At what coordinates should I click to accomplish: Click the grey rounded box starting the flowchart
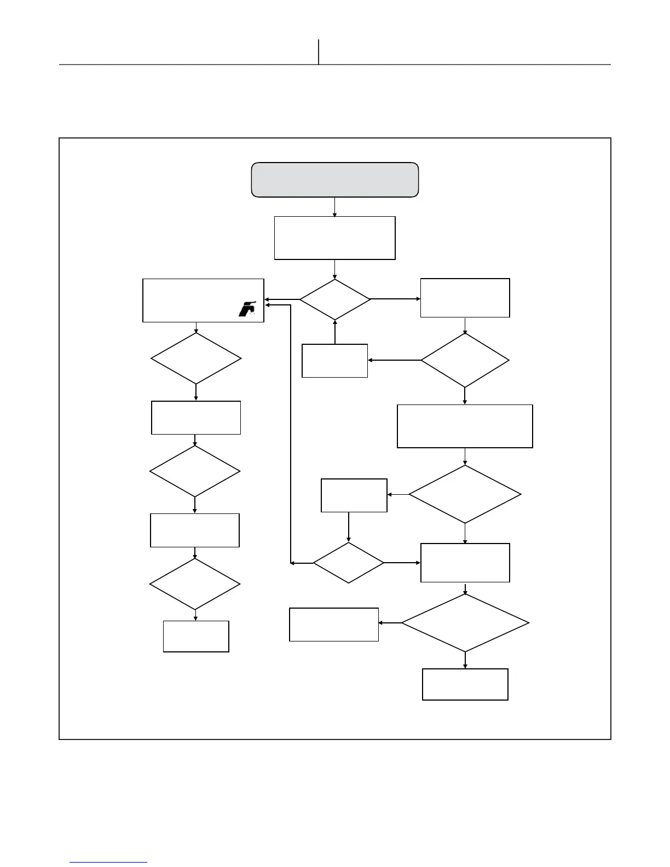click(334, 180)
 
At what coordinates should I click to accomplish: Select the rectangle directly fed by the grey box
click(334, 238)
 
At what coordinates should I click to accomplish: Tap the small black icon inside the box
click(247, 309)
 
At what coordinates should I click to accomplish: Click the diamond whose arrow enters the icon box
click(334, 299)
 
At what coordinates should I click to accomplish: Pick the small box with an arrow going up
click(334, 361)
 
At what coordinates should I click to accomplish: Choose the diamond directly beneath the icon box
click(196, 359)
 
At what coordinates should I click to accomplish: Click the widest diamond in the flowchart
click(465, 623)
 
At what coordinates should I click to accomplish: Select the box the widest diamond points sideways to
click(334, 625)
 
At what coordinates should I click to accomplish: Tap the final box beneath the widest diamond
click(465, 684)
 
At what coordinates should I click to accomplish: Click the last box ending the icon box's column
click(196, 637)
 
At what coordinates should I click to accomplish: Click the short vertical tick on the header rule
click(319, 52)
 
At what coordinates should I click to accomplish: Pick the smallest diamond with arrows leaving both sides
click(348, 563)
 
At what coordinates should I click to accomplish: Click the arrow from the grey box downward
click(334, 207)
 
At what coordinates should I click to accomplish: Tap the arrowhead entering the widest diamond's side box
click(382, 623)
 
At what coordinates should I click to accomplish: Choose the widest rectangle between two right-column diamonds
click(465, 426)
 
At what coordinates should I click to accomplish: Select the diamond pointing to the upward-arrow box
click(465, 360)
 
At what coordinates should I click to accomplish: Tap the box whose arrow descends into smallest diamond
click(354, 495)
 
